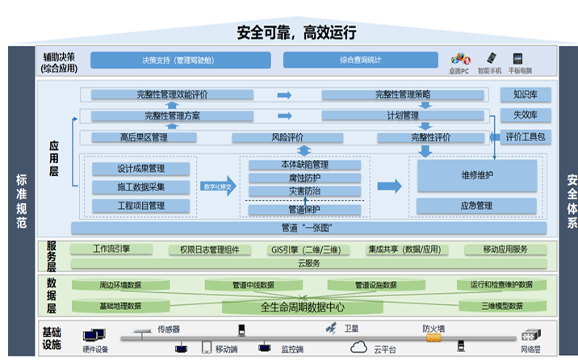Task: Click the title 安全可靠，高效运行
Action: (296, 32)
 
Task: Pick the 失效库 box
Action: (526, 115)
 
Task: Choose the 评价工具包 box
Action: (526, 136)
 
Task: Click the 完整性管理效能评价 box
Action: (178, 95)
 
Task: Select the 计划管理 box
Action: (403, 115)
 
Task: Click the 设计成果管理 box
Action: (141, 169)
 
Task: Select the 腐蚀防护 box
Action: (304, 178)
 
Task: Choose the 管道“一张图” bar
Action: (297, 228)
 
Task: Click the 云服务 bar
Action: (309, 264)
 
